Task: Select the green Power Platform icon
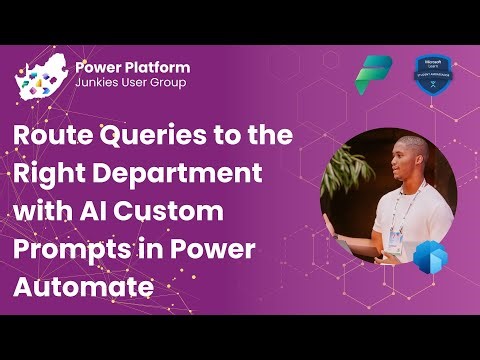[x=374, y=73]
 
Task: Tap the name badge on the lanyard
[x=396, y=240]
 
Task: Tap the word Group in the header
[x=165, y=83]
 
